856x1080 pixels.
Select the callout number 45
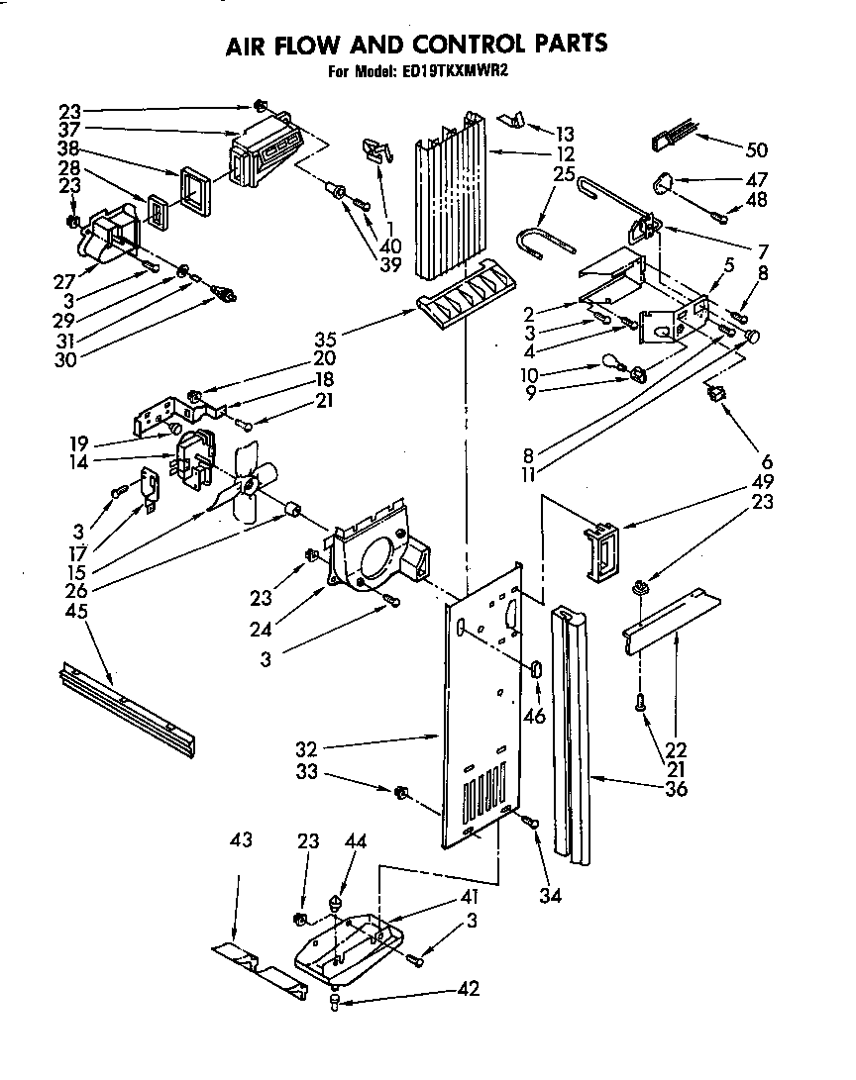[x=75, y=611]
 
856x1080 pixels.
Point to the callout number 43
[x=242, y=840]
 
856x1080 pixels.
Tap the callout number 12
[x=565, y=153]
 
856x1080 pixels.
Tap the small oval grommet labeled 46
[x=537, y=669]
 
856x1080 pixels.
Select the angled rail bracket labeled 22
[x=670, y=622]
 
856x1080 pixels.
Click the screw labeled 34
[x=526, y=820]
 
